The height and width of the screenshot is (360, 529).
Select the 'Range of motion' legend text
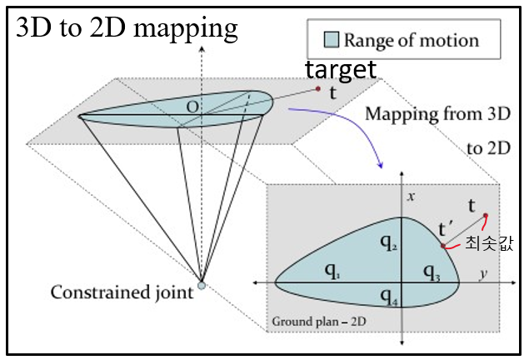412,39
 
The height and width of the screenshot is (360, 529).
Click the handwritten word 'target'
340,67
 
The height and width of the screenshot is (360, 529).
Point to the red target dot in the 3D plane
318,88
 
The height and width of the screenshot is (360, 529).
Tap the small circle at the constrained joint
201,285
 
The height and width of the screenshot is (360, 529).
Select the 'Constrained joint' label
122,292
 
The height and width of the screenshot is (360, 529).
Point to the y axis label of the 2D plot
482,273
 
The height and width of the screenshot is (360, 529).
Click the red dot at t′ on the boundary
443,245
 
